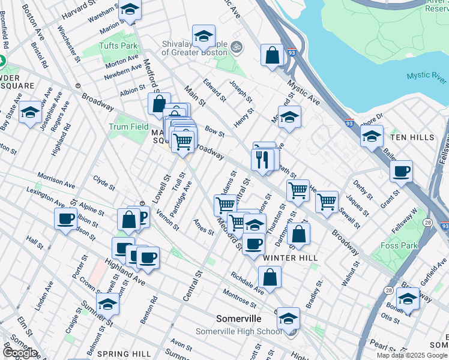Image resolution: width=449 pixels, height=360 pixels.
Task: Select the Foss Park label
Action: (x=400, y=245)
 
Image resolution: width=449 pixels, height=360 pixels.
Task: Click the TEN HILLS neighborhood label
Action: (x=412, y=137)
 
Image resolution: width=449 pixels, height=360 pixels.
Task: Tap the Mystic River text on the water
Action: (x=426, y=76)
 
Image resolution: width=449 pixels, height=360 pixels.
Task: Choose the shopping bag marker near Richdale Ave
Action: (x=270, y=277)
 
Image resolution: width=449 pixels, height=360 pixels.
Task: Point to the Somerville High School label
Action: (x=238, y=331)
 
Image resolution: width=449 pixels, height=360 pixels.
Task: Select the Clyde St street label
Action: (x=104, y=182)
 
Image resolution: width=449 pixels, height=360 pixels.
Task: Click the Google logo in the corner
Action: (x=20, y=353)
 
